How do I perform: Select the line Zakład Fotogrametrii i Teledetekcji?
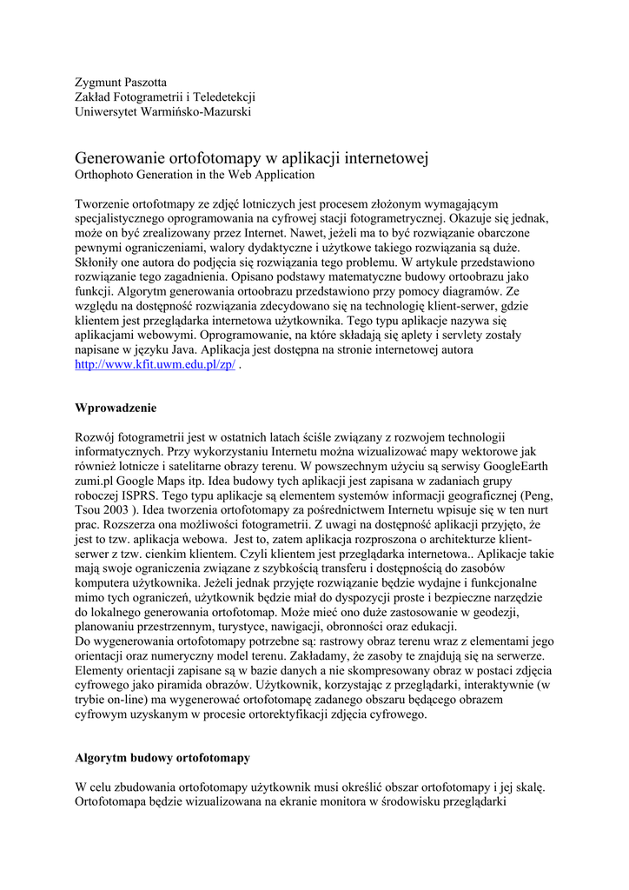(x=165, y=97)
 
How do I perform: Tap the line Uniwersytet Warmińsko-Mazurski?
(x=162, y=112)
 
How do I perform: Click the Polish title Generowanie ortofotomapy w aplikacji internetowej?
(x=252, y=158)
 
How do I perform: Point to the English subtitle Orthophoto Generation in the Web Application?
(x=195, y=175)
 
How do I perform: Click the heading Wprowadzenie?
(x=116, y=407)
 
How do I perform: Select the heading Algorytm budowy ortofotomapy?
(x=162, y=758)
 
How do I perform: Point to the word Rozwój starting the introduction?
(x=98, y=436)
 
